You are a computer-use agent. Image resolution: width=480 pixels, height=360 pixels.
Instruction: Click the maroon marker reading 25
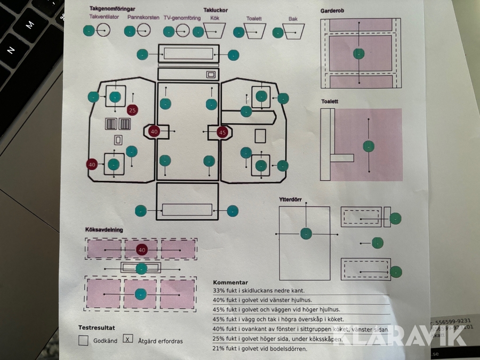[133, 110]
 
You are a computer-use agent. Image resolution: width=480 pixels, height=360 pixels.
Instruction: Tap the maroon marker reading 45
[222, 132]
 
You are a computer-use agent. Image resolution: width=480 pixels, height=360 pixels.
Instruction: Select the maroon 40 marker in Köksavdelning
[141, 250]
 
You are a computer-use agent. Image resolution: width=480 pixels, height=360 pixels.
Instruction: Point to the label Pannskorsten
[143, 18]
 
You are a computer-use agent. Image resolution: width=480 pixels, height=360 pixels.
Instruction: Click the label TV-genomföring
[182, 18]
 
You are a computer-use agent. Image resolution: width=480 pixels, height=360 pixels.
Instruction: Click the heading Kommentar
[230, 283]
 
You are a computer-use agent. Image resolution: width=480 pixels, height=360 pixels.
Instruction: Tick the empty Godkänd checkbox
[83, 340]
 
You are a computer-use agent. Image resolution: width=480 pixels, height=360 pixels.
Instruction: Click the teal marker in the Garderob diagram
[359, 53]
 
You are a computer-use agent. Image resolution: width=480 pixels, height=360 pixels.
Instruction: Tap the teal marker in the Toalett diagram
[368, 146]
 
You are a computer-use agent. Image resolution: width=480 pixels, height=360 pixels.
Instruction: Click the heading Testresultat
[97, 327]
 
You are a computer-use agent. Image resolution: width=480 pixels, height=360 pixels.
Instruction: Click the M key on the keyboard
[30, 24]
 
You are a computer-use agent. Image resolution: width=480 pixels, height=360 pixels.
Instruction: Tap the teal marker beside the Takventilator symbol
[89, 31]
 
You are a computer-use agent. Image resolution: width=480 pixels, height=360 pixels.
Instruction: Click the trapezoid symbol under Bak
[293, 32]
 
